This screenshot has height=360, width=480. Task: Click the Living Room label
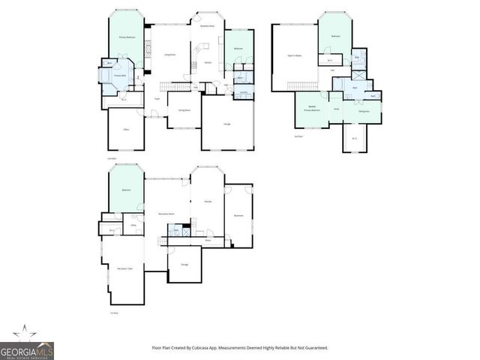(x=169, y=55)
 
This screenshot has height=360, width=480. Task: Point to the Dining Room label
(x=183, y=110)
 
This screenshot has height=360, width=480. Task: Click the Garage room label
(x=226, y=122)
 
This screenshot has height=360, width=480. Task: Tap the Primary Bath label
(x=119, y=76)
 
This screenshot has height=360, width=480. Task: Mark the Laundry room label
(x=244, y=92)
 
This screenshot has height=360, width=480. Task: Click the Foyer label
(x=157, y=98)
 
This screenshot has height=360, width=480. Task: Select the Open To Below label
(x=295, y=55)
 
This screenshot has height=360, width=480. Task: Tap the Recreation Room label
(x=166, y=214)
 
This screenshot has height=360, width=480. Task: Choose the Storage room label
(x=184, y=264)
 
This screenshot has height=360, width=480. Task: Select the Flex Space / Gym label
(x=124, y=268)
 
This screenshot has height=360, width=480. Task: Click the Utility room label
(x=133, y=225)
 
